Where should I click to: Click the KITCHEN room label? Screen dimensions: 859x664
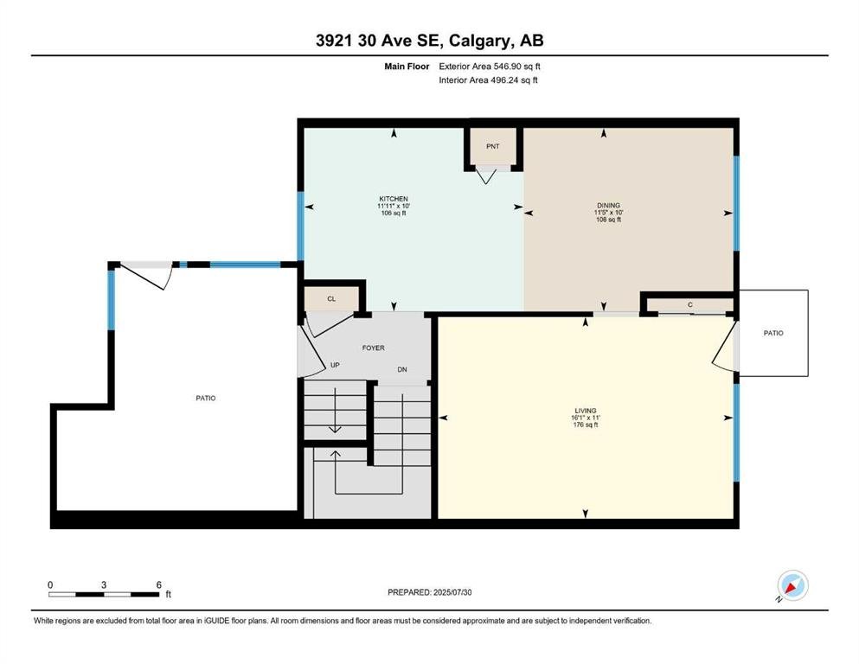(x=394, y=199)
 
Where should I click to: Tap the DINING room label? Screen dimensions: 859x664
(x=608, y=205)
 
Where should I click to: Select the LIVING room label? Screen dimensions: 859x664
(x=585, y=411)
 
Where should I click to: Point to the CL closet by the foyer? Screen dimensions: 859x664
(x=331, y=299)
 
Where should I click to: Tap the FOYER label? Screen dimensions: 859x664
(x=373, y=348)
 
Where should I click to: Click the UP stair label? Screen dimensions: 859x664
(x=335, y=365)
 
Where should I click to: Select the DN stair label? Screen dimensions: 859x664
(x=402, y=369)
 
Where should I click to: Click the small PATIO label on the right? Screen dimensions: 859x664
(x=773, y=333)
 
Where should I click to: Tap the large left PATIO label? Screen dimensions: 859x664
(x=205, y=398)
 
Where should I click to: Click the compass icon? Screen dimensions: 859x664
(x=792, y=585)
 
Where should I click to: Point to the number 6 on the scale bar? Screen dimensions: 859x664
(x=159, y=584)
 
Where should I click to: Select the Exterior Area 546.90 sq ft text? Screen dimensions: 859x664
(x=490, y=67)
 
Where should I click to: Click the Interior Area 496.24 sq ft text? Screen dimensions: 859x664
(x=488, y=80)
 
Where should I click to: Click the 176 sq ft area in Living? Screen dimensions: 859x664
(x=585, y=425)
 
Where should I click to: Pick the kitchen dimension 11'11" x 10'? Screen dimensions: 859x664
(x=394, y=206)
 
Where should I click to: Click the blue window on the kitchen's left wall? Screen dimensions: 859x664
(x=300, y=226)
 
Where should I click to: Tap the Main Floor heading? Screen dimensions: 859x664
(x=407, y=67)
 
